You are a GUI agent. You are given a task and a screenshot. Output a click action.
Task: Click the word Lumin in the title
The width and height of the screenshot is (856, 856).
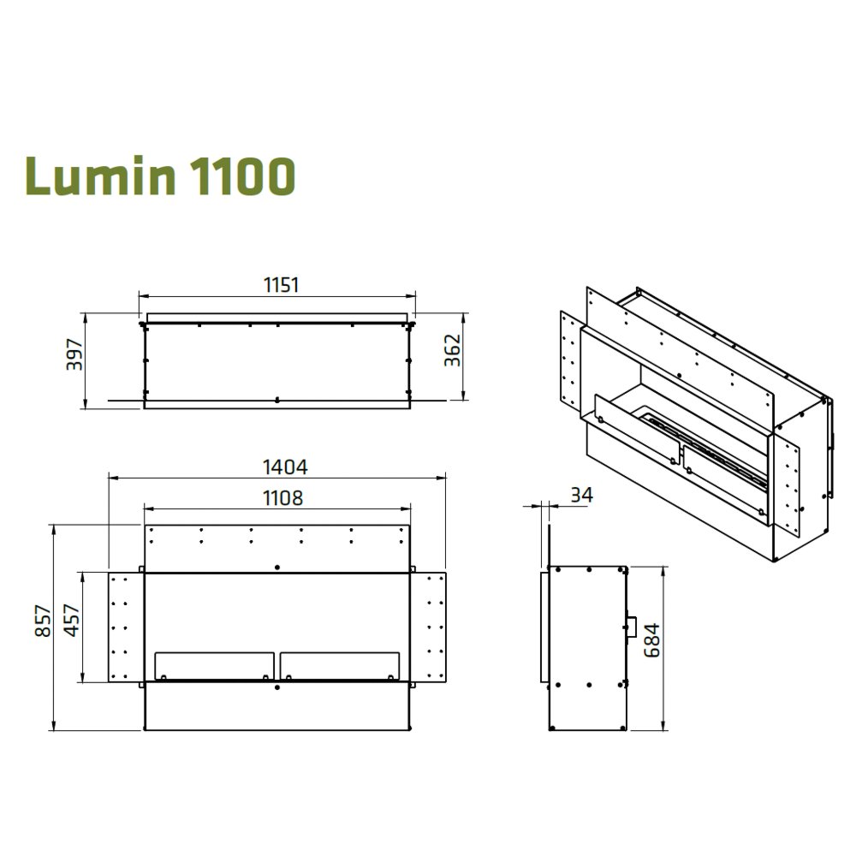(100, 175)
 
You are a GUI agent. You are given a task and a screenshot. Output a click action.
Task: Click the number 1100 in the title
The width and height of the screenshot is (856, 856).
(243, 175)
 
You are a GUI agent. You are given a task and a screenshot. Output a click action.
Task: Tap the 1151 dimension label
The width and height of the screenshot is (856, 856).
(281, 285)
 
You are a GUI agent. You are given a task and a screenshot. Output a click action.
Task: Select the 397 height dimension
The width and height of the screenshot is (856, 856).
(74, 355)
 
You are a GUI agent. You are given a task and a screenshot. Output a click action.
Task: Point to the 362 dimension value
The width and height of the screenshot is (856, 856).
(453, 350)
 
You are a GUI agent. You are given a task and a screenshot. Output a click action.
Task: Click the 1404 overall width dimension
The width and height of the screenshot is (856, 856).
(285, 467)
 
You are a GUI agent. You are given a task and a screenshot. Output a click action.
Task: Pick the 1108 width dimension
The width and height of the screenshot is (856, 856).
(282, 498)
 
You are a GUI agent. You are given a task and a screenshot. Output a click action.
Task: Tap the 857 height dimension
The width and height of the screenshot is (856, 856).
(43, 621)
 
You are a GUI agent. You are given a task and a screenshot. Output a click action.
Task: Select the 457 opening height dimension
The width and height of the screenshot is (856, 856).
(72, 621)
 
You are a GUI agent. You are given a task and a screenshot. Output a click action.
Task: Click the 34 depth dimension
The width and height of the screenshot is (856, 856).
(581, 495)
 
